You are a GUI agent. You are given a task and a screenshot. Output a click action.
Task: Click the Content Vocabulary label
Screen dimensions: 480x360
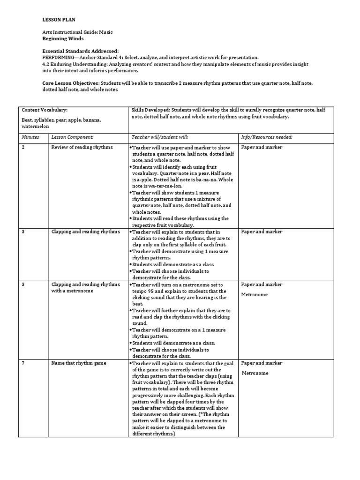click(x=45, y=110)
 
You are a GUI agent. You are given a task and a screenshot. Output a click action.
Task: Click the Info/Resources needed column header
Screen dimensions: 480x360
click(x=267, y=137)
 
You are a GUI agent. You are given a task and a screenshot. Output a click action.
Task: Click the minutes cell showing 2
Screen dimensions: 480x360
click(x=23, y=147)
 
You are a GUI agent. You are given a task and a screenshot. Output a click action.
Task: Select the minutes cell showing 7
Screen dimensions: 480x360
click(x=23, y=363)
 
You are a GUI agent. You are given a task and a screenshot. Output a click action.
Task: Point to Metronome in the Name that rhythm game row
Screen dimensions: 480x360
click(x=255, y=373)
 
